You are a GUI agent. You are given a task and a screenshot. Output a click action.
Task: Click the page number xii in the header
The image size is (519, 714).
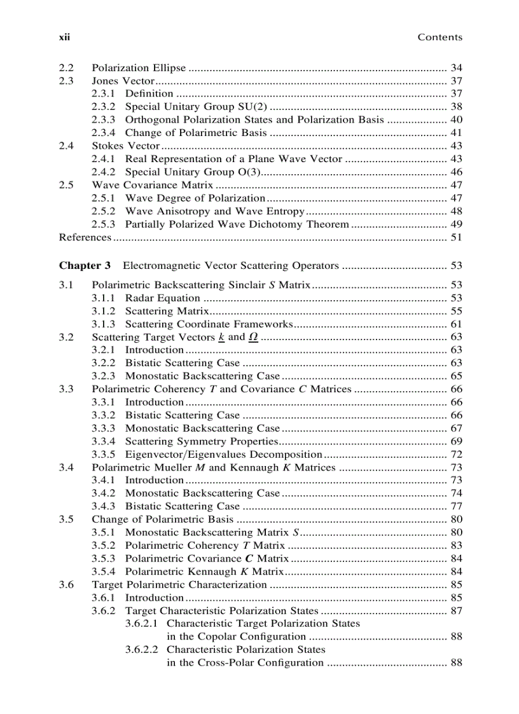pyautogui.click(x=64, y=38)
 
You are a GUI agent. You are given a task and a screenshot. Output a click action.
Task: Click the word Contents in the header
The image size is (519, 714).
pyautogui.click(x=439, y=38)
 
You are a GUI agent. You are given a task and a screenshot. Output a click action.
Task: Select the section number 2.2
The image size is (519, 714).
pyautogui.click(x=66, y=68)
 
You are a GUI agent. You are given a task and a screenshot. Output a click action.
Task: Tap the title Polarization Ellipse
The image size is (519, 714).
pyautogui.click(x=139, y=68)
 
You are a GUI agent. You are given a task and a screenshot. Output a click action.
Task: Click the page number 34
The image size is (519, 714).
pyautogui.click(x=455, y=68)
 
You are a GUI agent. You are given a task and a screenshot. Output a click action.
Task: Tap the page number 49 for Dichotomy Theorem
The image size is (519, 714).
pyautogui.click(x=455, y=224)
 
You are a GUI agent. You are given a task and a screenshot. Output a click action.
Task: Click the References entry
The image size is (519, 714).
pyautogui.click(x=85, y=237)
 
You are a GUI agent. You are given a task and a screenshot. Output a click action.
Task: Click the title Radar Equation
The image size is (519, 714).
pyautogui.click(x=162, y=298)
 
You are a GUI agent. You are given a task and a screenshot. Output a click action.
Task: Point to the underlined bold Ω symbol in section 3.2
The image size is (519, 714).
pyautogui.click(x=253, y=337)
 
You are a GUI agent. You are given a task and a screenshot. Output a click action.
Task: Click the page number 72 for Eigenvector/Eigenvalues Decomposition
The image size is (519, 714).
pyautogui.click(x=455, y=455)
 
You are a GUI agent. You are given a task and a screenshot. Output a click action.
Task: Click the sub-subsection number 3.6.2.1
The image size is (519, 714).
pyautogui.click(x=143, y=624)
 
